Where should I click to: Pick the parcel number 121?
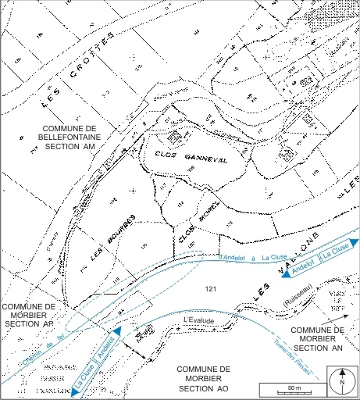click(209, 288)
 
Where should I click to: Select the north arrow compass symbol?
click(341, 383)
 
